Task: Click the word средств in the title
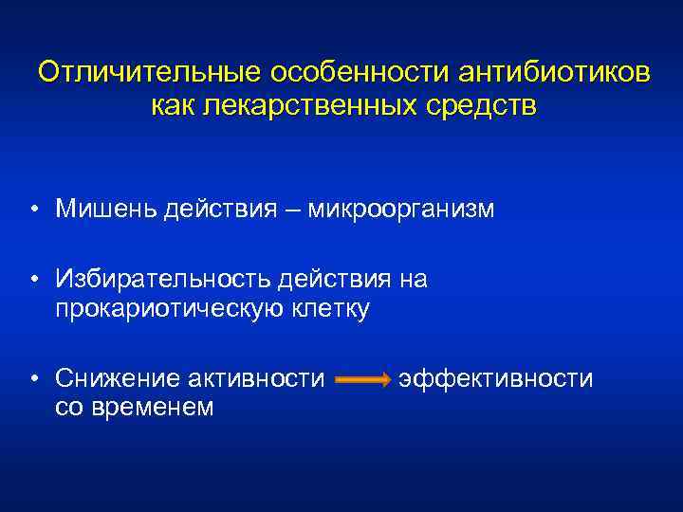point(485,106)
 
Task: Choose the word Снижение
point(107,379)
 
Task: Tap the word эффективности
point(496,379)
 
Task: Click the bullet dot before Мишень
point(33,209)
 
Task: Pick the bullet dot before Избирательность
point(33,281)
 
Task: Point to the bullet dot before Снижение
point(33,380)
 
